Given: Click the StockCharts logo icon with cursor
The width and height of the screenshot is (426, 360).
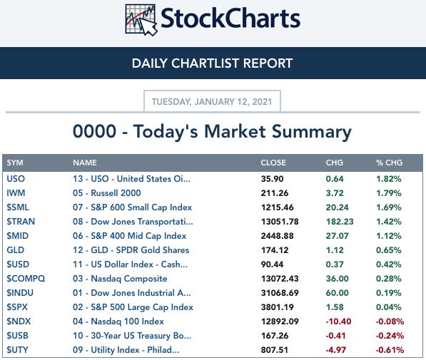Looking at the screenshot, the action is click(141, 20).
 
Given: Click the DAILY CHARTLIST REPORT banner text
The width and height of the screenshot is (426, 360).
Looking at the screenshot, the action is click(212, 63).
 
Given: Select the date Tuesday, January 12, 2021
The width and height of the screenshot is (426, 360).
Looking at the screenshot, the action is click(212, 102).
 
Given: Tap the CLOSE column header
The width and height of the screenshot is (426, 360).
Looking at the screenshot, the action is click(273, 163).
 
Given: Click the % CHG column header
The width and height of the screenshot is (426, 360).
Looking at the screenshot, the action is click(389, 163).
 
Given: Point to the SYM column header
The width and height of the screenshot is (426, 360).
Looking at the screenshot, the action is click(15, 163).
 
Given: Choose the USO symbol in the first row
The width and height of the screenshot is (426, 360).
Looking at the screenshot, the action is click(16, 179).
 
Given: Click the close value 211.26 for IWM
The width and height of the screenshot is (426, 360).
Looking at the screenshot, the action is click(275, 193).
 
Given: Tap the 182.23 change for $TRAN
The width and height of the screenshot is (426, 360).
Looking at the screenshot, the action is click(340, 222).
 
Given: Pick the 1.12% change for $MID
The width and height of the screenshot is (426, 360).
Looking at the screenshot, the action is click(388, 236).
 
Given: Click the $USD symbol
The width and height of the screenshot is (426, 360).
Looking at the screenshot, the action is click(18, 264).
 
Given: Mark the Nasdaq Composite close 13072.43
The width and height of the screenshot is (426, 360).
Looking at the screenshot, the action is click(280, 279).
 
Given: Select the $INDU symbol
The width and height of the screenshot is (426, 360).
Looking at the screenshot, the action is click(20, 293).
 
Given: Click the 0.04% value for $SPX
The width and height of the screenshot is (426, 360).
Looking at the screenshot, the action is click(388, 307).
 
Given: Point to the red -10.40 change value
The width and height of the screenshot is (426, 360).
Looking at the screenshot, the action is click(338, 322).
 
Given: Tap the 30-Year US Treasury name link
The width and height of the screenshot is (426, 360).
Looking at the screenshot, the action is click(132, 336).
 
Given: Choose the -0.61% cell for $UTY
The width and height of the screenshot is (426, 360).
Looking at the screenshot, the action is click(390, 350).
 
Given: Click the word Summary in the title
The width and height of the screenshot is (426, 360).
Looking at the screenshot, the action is click(312, 132).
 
